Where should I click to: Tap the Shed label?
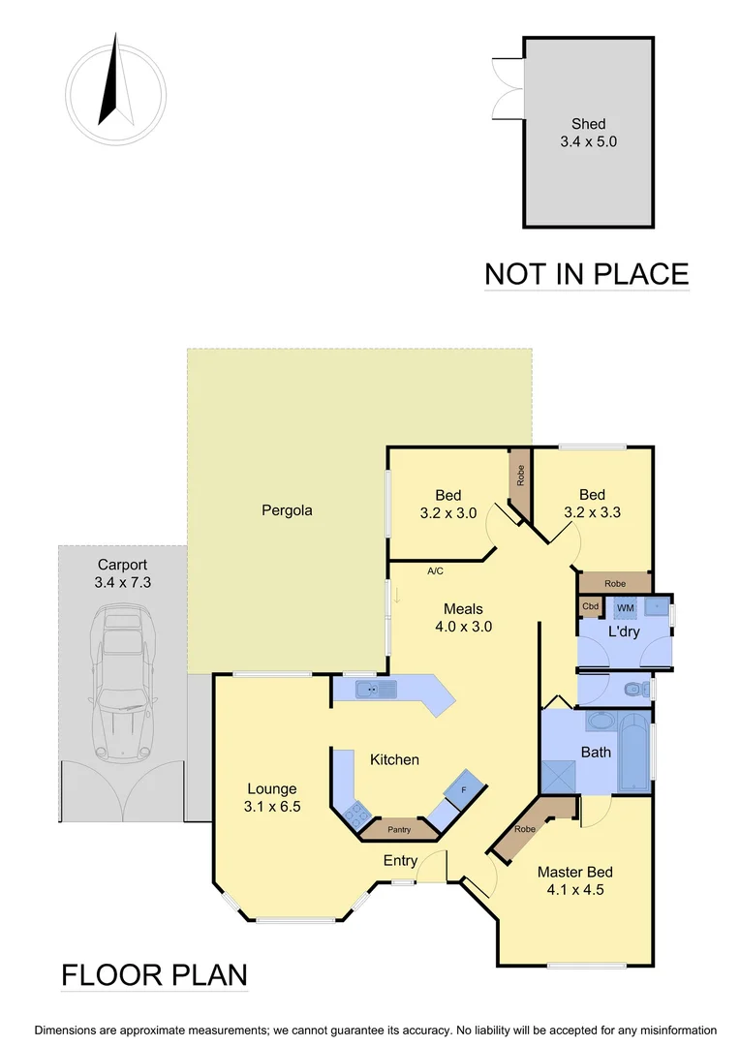(588, 123)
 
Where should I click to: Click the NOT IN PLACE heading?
(586, 274)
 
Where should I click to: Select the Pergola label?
(287, 509)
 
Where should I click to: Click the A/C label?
(435, 571)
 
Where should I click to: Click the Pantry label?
(399, 830)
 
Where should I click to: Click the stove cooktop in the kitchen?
(355, 812)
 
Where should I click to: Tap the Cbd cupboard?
(590, 607)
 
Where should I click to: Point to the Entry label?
(401, 861)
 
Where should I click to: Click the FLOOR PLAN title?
(155, 974)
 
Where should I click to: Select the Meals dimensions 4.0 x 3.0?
(463, 626)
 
